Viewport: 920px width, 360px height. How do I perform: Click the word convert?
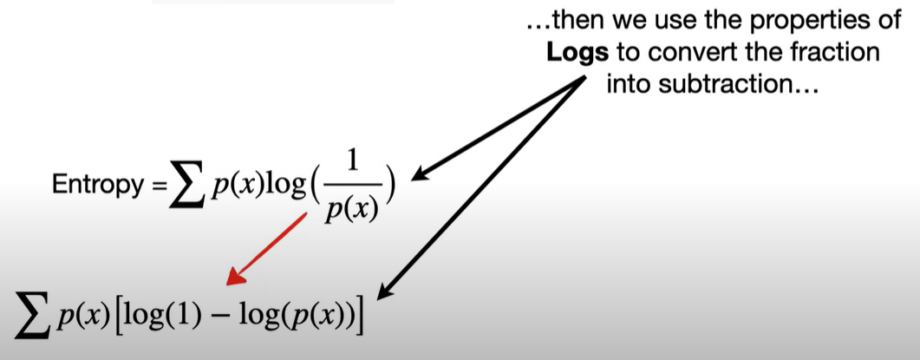pyautogui.click(x=682, y=53)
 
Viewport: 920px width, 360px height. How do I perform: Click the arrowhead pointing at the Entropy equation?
pyautogui.click(x=420, y=176)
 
